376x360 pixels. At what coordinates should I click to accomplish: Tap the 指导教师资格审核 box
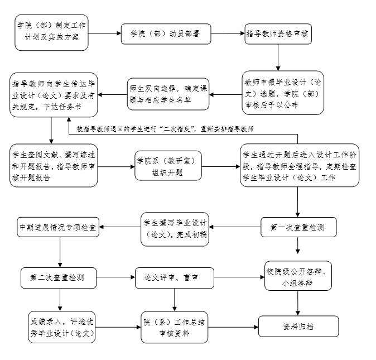pyautogui.click(x=278, y=33)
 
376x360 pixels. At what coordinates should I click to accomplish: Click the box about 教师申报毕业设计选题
pyautogui.click(x=283, y=93)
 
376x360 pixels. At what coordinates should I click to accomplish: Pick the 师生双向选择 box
pyautogui.click(x=168, y=93)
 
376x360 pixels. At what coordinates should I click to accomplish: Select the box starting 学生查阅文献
pyautogui.click(x=54, y=165)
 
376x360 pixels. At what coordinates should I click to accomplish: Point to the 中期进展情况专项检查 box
pyautogui.click(x=57, y=227)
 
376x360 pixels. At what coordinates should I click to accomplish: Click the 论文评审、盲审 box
pyautogui.click(x=175, y=277)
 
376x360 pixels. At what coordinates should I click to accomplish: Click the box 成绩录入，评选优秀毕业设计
pyautogui.click(x=61, y=327)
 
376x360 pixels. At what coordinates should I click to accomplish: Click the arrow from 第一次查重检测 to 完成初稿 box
pyautogui.click(x=234, y=227)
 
